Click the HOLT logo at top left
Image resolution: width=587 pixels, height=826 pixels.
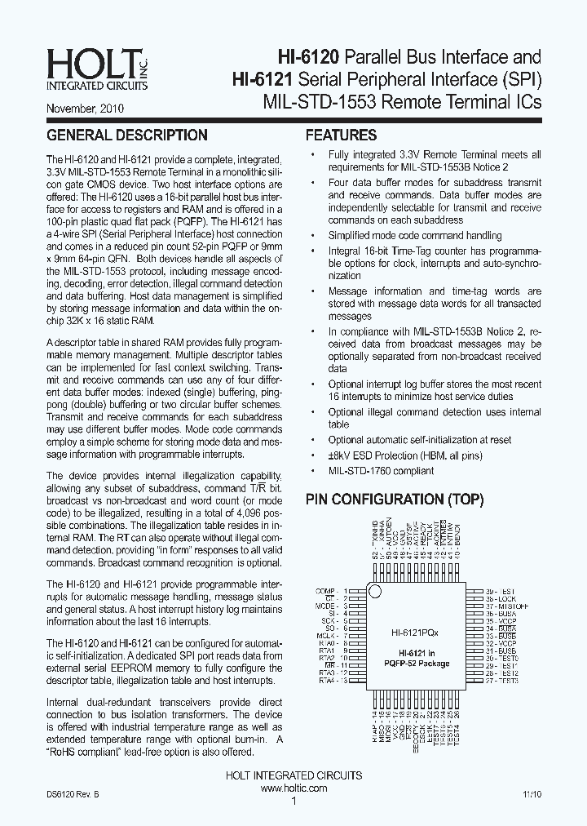tap(85, 69)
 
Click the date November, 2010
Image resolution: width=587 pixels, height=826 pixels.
tap(85, 107)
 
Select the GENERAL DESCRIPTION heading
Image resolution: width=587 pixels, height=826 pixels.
tap(126, 135)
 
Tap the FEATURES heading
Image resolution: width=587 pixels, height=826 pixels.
tap(341, 135)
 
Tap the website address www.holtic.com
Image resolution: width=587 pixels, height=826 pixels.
tap(293, 788)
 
